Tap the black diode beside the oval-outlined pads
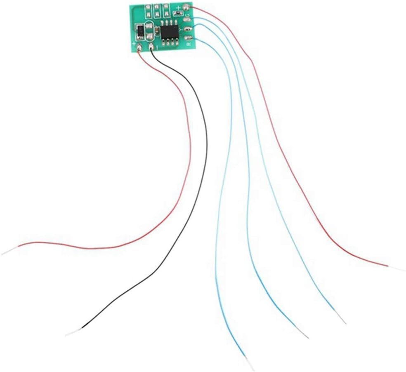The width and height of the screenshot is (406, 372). click(x=140, y=31)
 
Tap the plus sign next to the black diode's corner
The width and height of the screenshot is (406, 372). click(x=135, y=42)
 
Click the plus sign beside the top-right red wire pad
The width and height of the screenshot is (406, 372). click(x=178, y=7)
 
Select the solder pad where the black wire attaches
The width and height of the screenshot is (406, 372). click(x=153, y=47)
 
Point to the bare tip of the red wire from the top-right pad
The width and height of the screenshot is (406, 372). click(x=397, y=268)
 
